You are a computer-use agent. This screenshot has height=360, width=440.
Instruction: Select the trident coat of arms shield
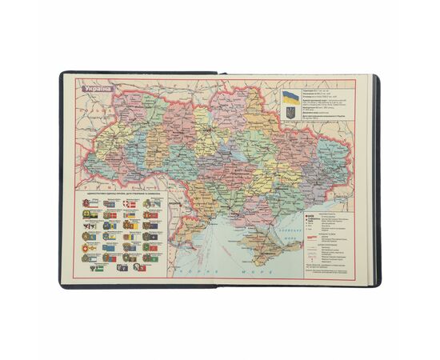pyautogui.click(x=290, y=115)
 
